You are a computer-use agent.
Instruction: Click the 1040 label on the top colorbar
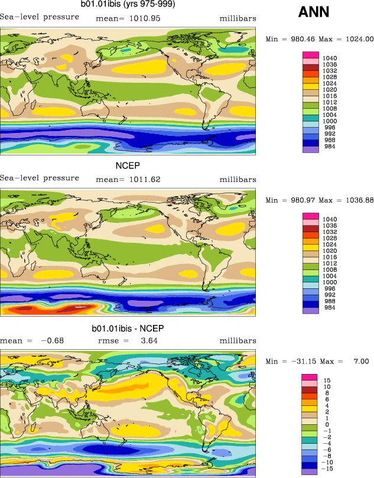(331, 58)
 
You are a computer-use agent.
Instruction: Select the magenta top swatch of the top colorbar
(311, 55)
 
